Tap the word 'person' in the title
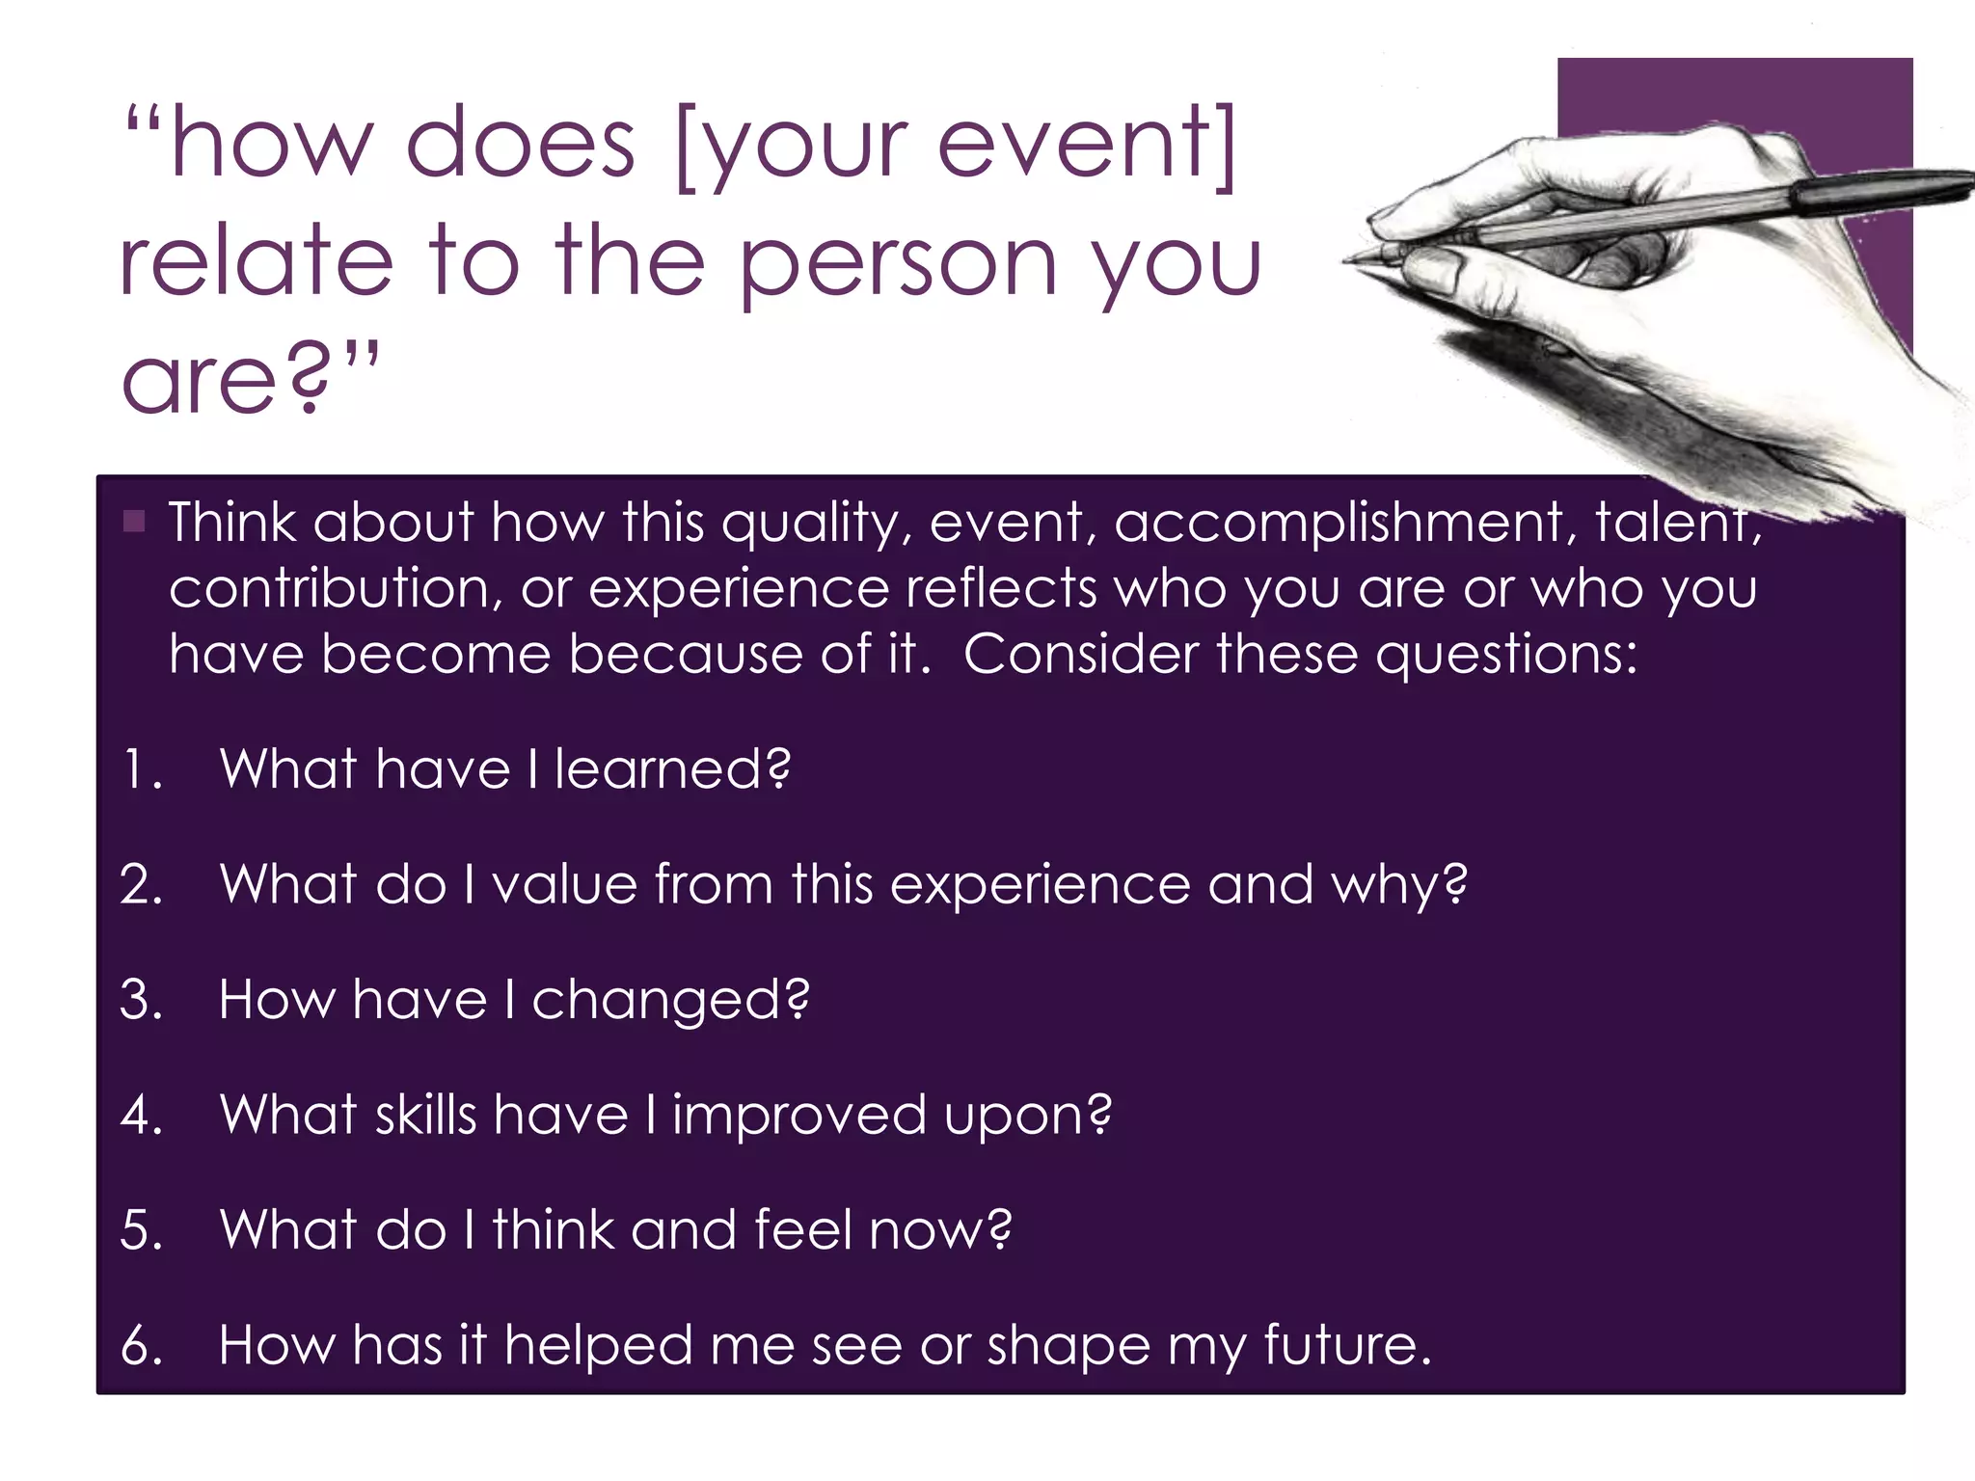900,262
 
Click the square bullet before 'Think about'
134,523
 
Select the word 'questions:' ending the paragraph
1506,656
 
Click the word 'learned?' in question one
672,770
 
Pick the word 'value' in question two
564,884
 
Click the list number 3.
141,1000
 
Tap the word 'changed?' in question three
670,1000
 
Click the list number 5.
141,1230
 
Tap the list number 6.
141,1345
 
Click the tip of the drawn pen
1348,259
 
